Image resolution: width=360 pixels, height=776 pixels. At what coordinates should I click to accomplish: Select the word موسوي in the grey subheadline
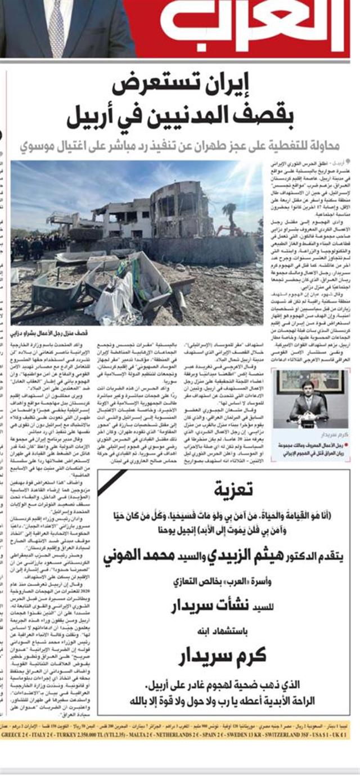(40, 148)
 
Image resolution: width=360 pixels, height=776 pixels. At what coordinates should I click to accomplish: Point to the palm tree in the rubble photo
(229, 214)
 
